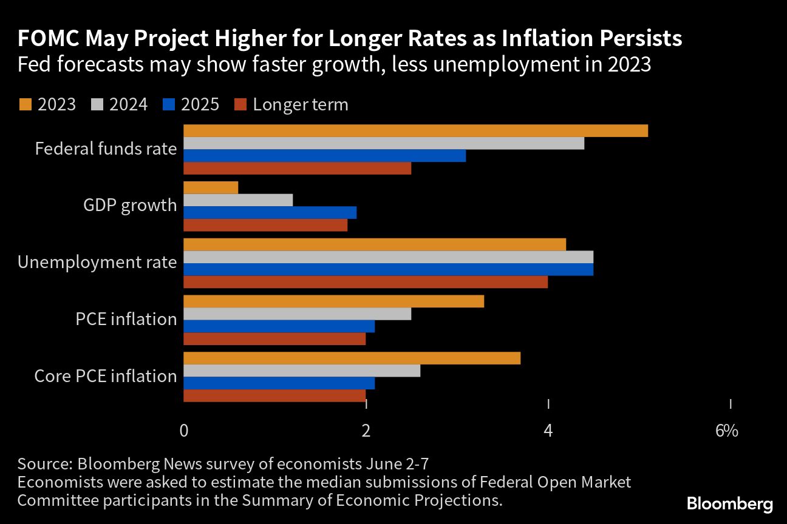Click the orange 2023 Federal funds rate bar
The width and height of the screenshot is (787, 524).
(x=415, y=131)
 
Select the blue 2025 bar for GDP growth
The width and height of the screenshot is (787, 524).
(x=270, y=212)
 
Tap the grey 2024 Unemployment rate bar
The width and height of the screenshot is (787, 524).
(x=388, y=257)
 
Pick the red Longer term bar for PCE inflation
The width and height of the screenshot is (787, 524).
(x=274, y=339)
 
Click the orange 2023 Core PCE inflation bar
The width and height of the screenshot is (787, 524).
(x=352, y=358)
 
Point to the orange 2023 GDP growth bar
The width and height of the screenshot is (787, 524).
(x=211, y=187)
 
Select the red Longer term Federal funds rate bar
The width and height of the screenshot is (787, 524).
(x=297, y=169)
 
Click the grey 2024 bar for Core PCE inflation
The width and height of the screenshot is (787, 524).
(x=302, y=371)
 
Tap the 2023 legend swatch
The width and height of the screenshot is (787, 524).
(x=25, y=105)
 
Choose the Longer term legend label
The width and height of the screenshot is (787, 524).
(x=301, y=105)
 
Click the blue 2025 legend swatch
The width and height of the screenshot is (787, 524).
(x=169, y=105)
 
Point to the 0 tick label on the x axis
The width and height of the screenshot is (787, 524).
(x=183, y=431)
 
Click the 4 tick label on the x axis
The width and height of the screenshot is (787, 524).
(x=548, y=431)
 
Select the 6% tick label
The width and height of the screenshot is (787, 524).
(x=726, y=431)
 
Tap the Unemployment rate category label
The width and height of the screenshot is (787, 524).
(x=97, y=263)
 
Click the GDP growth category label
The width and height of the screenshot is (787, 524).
(x=130, y=206)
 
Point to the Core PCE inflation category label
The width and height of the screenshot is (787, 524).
(x=106, y=376)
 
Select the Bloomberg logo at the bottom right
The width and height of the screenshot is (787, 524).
(x=730, y=503)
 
